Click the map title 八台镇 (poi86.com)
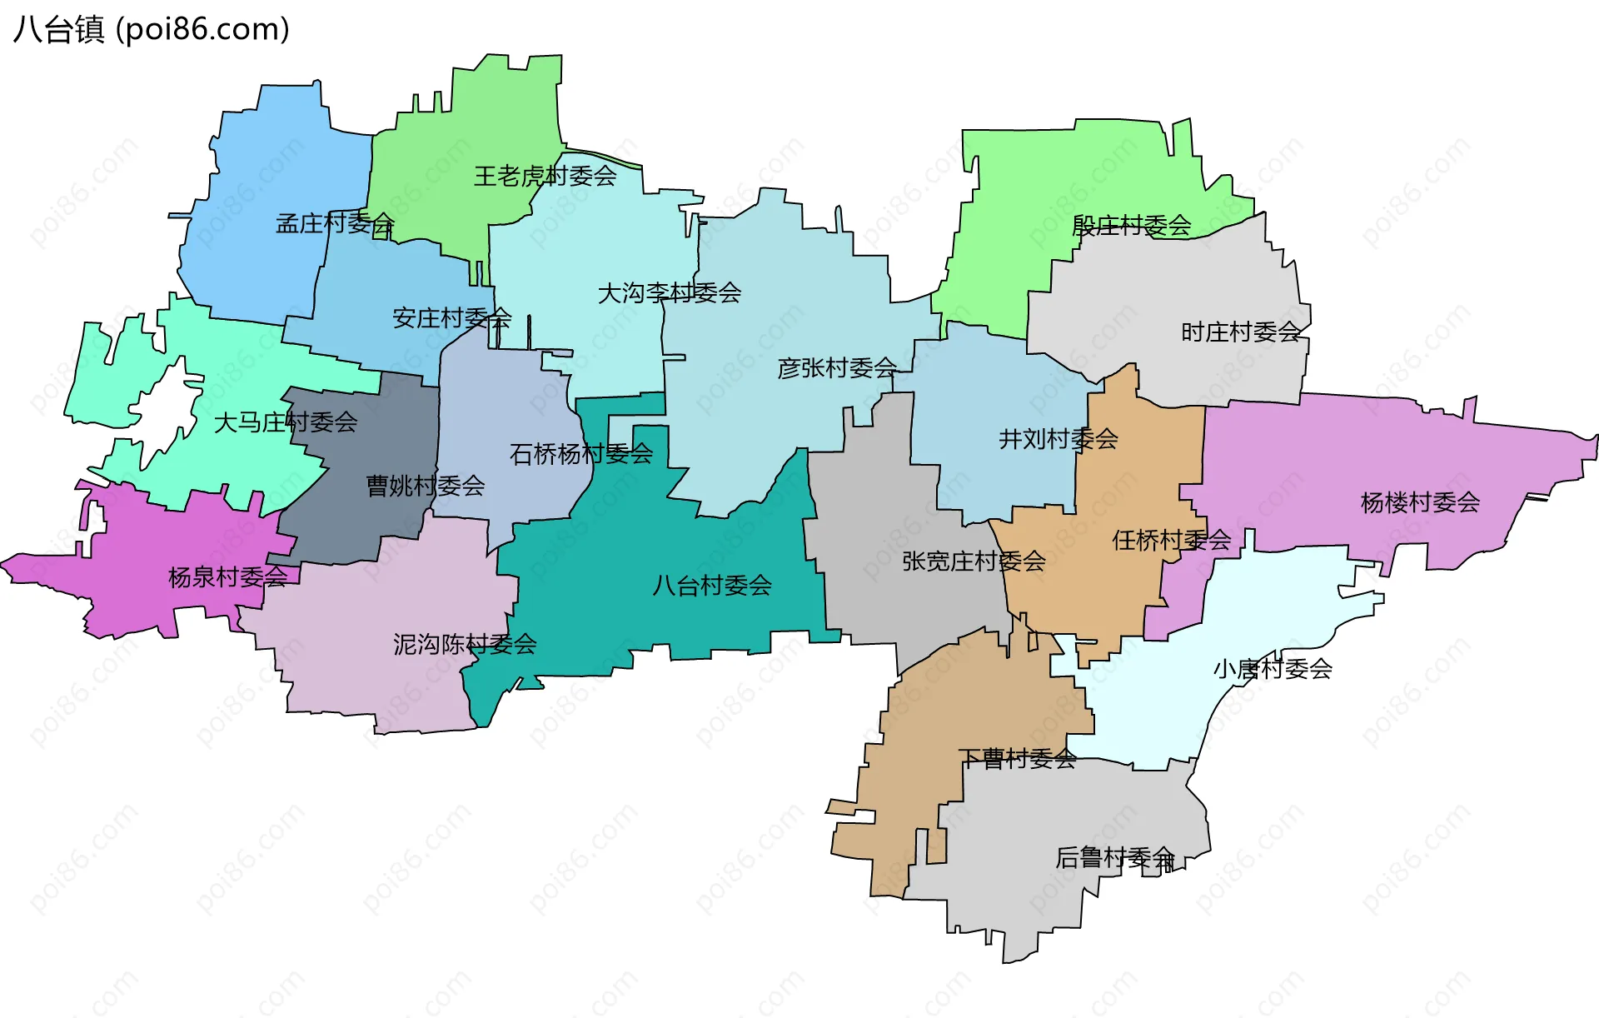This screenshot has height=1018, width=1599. (x=152, y=30)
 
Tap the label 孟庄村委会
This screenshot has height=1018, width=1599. (x=335, y=223)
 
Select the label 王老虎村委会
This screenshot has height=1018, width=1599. (x=545, y=176)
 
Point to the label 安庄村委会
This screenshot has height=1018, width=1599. (x=451, y=317)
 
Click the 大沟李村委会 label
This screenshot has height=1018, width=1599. (x=670, y=293)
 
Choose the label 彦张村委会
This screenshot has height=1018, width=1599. (x=837, y=367)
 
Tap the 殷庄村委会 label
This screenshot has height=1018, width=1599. (x=1131, y=225)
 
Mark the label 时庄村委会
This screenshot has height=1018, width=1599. (x=1241, y=332)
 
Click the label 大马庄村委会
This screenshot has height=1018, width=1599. (x=286, y=422)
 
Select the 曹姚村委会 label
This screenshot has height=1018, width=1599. (x=426, y=486)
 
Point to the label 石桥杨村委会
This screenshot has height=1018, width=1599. (x=581, y=454)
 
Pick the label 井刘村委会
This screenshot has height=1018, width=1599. (x=1058, y=438)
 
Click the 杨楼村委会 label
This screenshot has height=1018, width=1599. (x=1420, y=502)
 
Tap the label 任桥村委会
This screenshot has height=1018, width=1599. (x=1171, y=541)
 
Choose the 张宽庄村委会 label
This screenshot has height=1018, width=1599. (x=974, y=561)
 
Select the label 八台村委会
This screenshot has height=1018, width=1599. (x=712, y=586)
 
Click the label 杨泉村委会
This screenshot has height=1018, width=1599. (x=227, y=576)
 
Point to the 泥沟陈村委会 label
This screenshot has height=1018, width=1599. (x=465, y=644)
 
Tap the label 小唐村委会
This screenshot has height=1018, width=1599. (x=1273, y=669)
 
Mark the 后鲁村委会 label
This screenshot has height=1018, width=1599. (x=1115, y=857)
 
